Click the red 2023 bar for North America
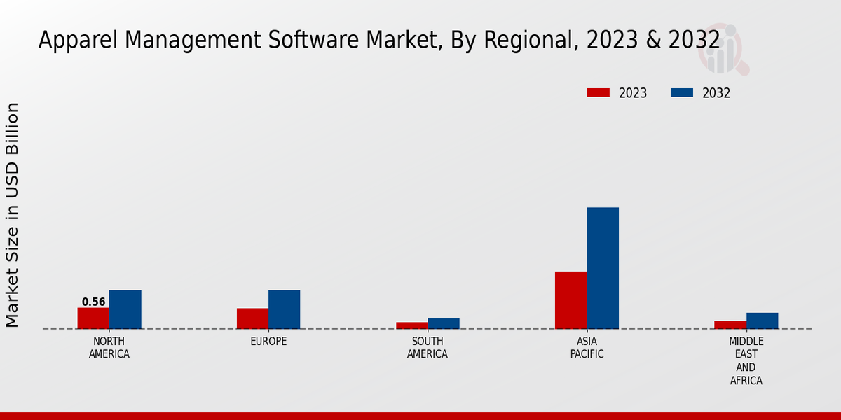[x=93, y=318]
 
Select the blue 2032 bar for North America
[x=125, y=309]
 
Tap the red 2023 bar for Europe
[x=252, y=318]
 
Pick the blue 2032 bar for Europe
[x=284, y=309]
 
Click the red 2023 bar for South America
[x=411, y=325]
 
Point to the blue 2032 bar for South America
[x=444, y=323]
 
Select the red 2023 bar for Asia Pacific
[x=570, y=300]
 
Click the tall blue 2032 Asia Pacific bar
[x=603, y=268]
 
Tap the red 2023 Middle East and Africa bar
[x=730, y=325]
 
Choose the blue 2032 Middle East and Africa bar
[x=762, y=321]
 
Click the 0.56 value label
[x=93, y=302]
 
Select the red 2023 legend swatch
[x=598, y=93]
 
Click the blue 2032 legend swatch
[x=681, y=93]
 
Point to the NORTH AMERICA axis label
[x=109, y=348]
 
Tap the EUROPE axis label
[x=268, y=342]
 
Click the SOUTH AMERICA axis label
[x=428, y=348]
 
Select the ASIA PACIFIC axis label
[x=587, y=348]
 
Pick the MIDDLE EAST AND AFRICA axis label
[x=746, y=361]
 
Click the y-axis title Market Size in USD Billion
[x=13, y=215]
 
